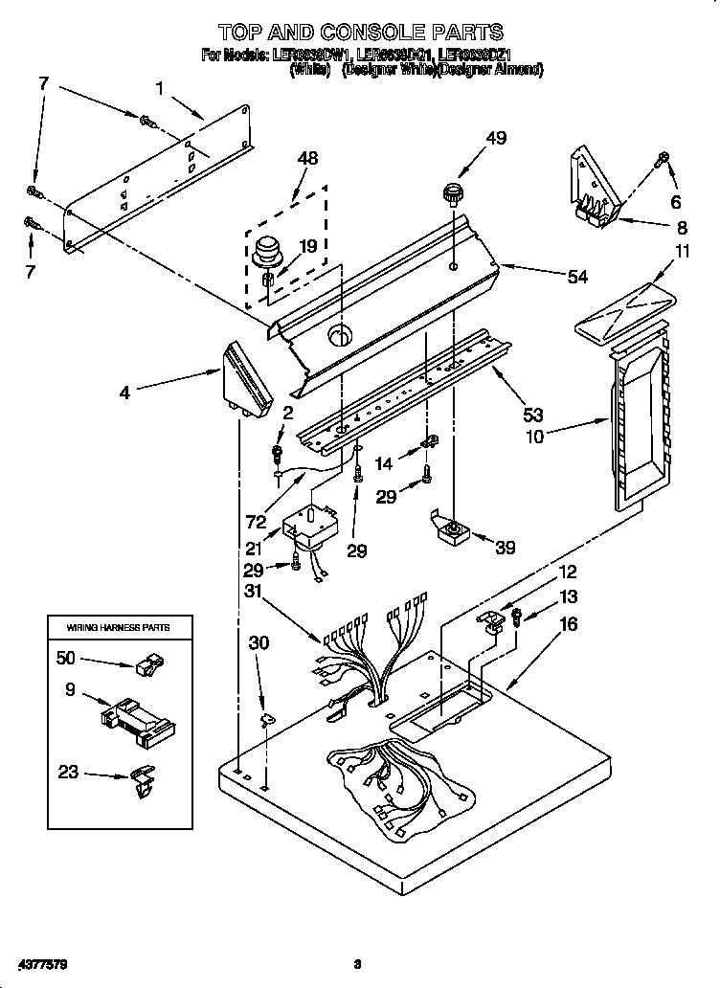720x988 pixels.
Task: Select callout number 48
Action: pos(306,158)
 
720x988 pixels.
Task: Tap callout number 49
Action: pos(495,138)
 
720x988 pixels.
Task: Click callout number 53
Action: pos(532,415)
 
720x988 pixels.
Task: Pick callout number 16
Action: pos(568,623)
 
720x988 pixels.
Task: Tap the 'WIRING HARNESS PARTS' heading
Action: pos(118,627)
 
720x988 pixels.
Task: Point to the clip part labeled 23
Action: pos(140,780)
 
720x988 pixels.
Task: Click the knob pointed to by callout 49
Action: pos(453,197)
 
